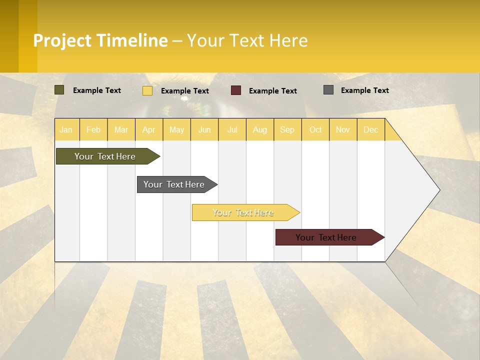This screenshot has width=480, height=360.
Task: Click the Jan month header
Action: click(x=66, y=130)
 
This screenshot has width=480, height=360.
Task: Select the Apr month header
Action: click(x=149, y=130)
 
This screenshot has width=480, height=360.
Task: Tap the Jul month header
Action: click(x=232, y=130)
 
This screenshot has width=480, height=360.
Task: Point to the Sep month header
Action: click(x=287, y=130)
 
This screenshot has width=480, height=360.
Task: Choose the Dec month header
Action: click(x=371, y=130)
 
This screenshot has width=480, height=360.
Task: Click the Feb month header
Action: click(x=93, y=130)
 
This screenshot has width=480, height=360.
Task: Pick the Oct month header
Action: click(x=315, y=130)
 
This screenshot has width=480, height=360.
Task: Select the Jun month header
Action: click(x=204, y=130)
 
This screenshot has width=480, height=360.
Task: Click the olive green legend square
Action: click(x=59, y=90)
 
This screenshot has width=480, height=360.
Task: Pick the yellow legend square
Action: click(x=147, y=90)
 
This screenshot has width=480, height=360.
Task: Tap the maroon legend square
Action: click(x=236, y=90)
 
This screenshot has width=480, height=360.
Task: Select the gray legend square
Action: click(x=328, y=90)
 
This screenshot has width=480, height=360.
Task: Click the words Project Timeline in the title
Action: click(x=100, y=40)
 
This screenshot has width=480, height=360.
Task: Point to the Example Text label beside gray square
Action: click(x=365, y=90)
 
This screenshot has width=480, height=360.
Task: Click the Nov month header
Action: click(x=343, y=130)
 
